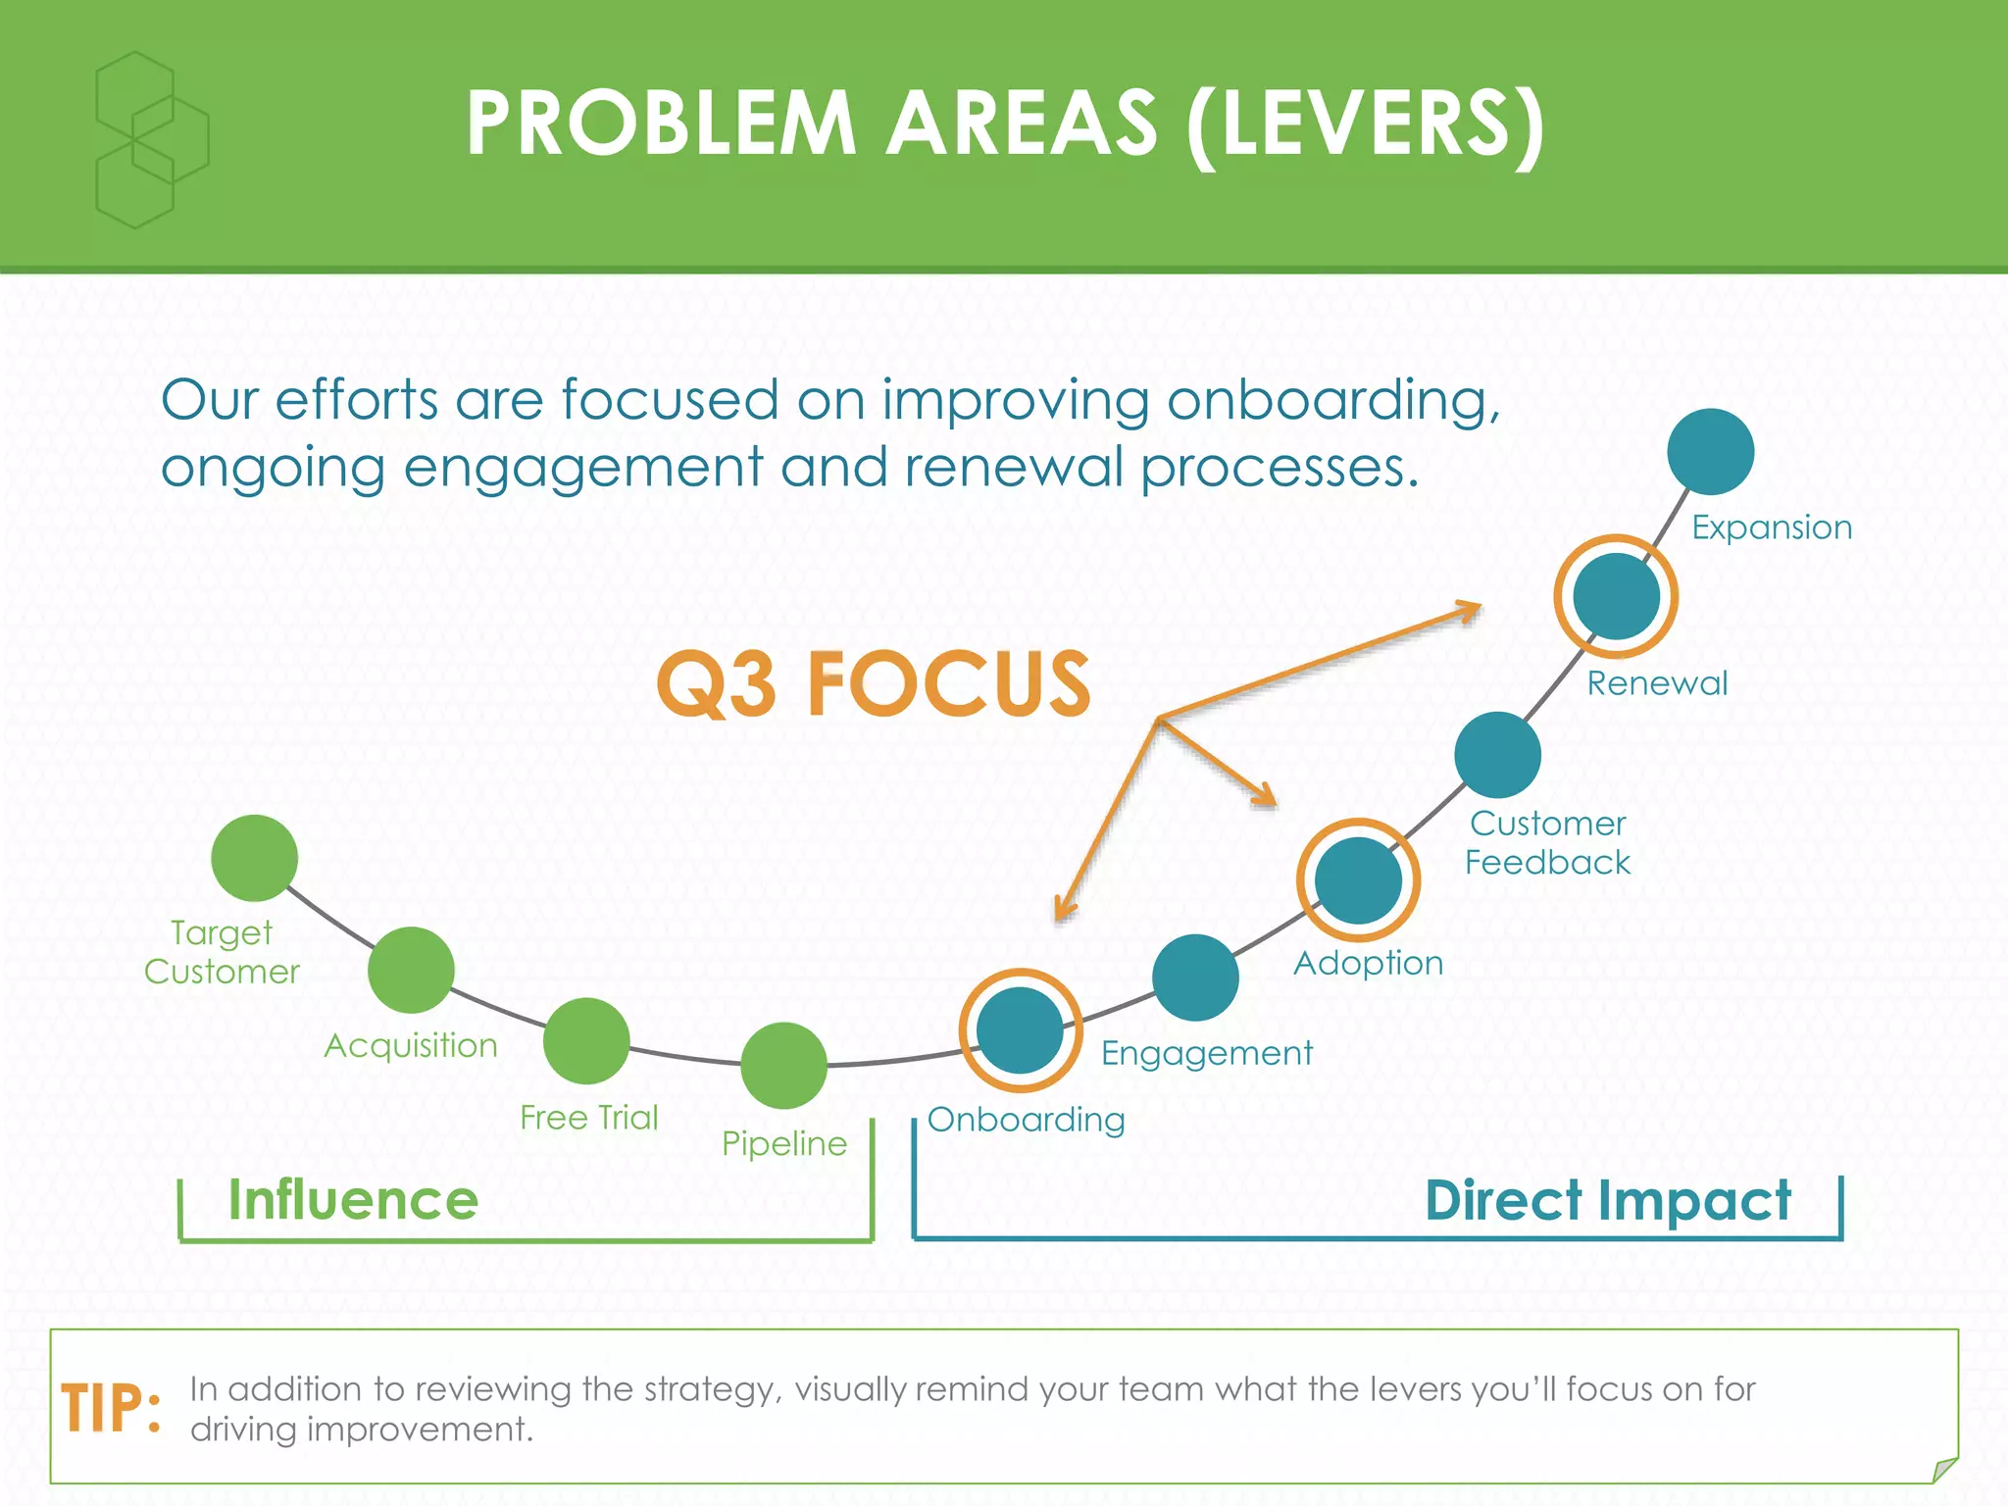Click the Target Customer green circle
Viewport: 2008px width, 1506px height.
coord(255,858)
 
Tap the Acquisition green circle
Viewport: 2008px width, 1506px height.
coord(411,970)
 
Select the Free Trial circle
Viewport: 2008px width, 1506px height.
coord(586,1040)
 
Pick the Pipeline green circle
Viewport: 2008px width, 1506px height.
coord(784,1065)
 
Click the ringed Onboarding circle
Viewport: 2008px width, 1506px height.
coord(1021,1030)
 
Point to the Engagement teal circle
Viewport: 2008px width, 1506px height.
coord(1195,978)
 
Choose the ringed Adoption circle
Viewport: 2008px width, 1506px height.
coord(1358,880)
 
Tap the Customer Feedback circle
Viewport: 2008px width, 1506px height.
coord(1497,755)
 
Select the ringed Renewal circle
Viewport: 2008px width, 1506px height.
coord(1616,596)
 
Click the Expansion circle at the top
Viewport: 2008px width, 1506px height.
coord(1710,452)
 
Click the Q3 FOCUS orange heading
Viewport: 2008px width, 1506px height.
coord(873,683)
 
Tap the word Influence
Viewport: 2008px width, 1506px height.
coord(353,1200)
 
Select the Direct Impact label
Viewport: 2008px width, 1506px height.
coord(1607,1200)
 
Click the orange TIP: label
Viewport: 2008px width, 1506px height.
coord(111,1409)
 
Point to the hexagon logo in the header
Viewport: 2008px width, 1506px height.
coord(152,140)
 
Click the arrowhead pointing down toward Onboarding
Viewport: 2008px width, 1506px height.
coord(1063,909)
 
